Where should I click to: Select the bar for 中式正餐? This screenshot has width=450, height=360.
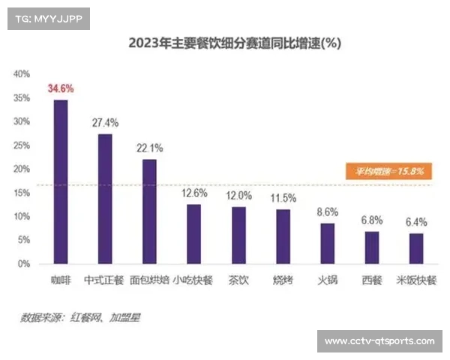[x=105, y=199]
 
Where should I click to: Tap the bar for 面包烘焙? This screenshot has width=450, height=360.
[x=149, y=211]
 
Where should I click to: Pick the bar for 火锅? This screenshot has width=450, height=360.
[x=327, y=243]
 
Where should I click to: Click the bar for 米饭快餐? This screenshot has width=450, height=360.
[x=416, y=248]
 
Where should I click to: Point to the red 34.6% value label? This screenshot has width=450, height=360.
[x=61, y=88]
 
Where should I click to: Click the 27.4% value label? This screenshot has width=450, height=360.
[x=105, y=122]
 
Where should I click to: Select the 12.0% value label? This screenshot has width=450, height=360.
[x=238, y=195]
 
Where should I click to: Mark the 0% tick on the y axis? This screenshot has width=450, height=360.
[x=23, y=264]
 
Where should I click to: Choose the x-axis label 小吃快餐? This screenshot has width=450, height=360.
[x=193, y=281]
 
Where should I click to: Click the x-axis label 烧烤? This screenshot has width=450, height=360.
[x=283, y=281]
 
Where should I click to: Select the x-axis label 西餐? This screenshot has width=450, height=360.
[x=372, y=281]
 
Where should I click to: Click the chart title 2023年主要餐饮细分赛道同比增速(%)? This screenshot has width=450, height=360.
[x=235, y=43]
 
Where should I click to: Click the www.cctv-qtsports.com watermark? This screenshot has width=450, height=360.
[x=379, y=341]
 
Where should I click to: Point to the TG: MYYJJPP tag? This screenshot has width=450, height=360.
[x=46, y=18]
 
